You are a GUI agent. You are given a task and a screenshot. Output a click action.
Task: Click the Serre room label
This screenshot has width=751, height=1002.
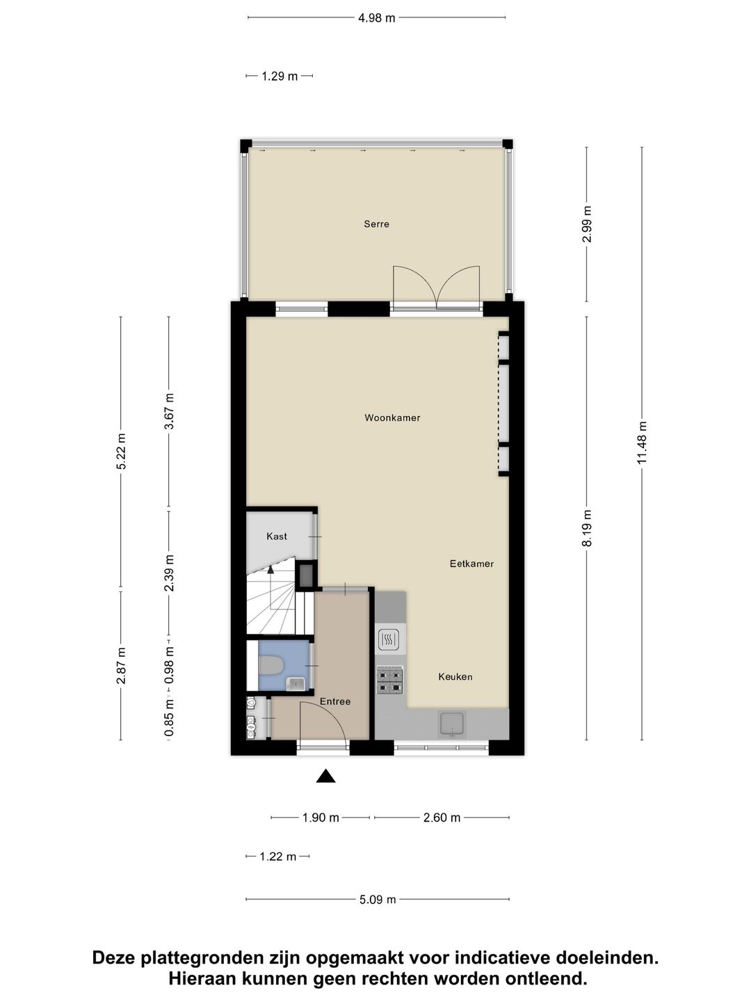(x=376, y=224)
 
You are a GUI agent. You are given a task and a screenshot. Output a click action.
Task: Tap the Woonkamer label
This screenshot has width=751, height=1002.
(x=392, y=417)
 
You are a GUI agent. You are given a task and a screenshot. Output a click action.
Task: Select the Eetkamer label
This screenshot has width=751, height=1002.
(x=471, y=564)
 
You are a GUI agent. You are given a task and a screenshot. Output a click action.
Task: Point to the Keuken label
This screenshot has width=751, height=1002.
(x=455, y=676)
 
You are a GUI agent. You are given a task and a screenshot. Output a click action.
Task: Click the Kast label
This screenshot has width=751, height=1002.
(x=277, y=536)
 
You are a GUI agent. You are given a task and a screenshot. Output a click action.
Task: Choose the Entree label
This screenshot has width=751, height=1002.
(x=335, y=701)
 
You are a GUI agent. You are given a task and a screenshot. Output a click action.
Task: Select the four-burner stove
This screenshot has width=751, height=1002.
(x=389, y=681)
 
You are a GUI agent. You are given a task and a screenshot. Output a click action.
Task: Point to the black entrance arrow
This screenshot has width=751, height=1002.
(x=325, y=776)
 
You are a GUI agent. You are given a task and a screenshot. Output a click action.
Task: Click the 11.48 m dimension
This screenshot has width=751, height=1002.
(x=642, y=443)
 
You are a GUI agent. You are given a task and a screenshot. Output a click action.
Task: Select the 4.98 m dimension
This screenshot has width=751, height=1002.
(x=376, y=18)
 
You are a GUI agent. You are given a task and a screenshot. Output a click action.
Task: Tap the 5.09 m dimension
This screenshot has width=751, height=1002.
(x=378, y=900)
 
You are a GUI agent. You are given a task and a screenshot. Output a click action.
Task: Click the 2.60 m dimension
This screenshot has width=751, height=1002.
(x=442, y=818)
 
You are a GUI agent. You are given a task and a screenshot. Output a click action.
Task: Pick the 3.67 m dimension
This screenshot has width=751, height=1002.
(x=169, y=411)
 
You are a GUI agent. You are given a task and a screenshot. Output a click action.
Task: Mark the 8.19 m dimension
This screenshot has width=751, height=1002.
(x=587, y=528)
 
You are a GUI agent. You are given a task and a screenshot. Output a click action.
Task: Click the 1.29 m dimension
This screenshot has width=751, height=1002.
(x=280, y=77)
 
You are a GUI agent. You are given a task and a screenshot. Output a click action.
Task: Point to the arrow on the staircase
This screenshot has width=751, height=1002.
(x=270, y=568)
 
